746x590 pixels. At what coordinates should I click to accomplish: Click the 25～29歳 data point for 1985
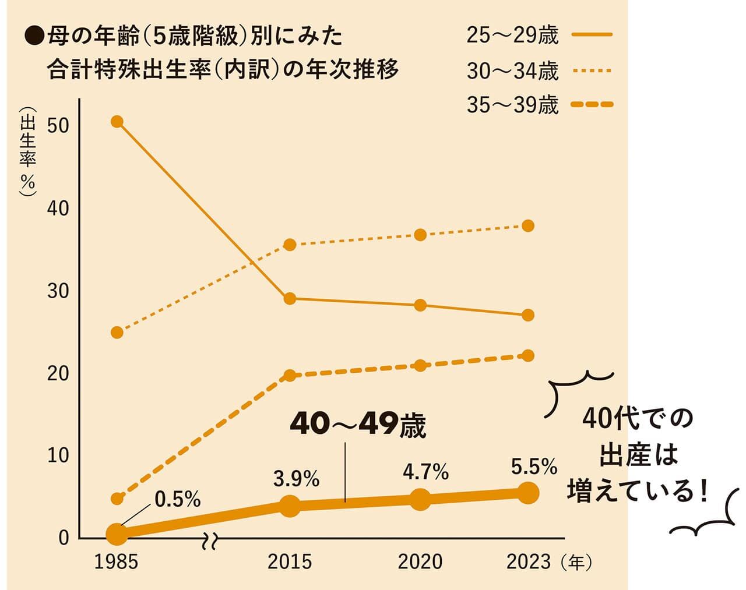point(117,121)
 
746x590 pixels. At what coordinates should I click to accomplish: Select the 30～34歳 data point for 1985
point(117,333)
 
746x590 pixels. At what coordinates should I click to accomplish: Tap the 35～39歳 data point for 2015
point(290,376)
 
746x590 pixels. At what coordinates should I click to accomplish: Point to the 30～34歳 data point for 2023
point(528,225)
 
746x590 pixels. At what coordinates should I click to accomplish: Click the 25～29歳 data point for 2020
point(420,305)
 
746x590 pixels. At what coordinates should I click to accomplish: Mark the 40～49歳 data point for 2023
point(528,493)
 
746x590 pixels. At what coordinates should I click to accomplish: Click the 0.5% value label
point(178,499)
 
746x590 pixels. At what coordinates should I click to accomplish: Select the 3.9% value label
point(296,479)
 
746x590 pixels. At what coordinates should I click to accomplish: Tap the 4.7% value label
point(425,472)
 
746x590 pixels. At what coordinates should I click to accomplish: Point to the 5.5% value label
point(534,467)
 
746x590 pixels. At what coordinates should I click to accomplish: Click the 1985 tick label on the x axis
point(117,561)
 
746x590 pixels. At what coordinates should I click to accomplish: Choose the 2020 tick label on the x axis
point(420,561)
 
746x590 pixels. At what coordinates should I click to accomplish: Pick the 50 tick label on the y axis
point(58,126)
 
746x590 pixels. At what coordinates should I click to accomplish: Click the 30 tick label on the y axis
point(58,291)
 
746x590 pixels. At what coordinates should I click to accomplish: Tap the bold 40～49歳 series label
point(358,426)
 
